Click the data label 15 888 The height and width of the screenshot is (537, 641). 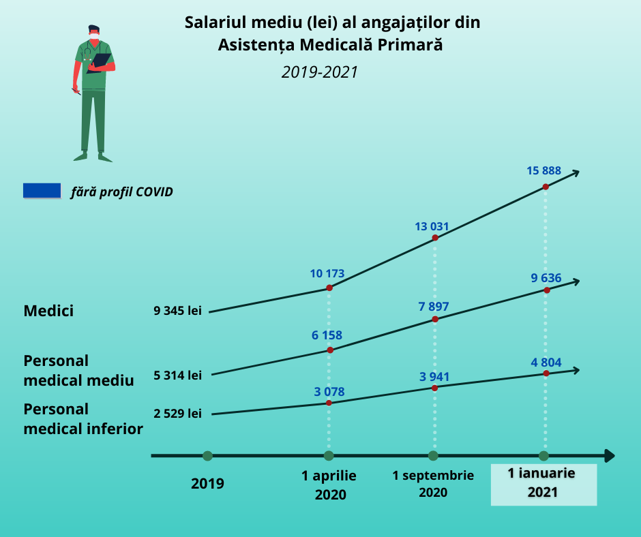point(543,171)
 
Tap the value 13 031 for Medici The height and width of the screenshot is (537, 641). point(432,226)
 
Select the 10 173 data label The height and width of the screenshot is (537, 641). point(327,274)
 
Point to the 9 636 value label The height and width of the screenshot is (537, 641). point(546,277)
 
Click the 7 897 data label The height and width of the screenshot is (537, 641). point(434,306)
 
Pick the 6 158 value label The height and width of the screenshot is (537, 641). point(327,335)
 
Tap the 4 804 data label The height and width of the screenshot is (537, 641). point(546,363)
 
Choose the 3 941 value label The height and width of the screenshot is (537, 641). point(434,376)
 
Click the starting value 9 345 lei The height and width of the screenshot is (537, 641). point(178,311)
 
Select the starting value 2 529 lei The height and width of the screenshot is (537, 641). point(178,414)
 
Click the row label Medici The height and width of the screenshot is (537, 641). point(48,311)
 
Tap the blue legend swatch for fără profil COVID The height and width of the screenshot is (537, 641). point(42,191)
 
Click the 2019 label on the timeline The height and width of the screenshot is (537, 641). point(207,484)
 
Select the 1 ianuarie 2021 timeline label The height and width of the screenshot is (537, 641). point(543,482)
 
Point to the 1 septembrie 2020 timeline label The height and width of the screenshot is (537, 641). point(433,483)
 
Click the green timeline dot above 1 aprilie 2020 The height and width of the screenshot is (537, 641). point(329,456)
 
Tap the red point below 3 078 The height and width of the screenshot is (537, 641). point(329,403)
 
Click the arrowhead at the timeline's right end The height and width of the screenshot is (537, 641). point(609,456)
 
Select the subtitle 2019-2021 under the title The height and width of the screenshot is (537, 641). point(320,72)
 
